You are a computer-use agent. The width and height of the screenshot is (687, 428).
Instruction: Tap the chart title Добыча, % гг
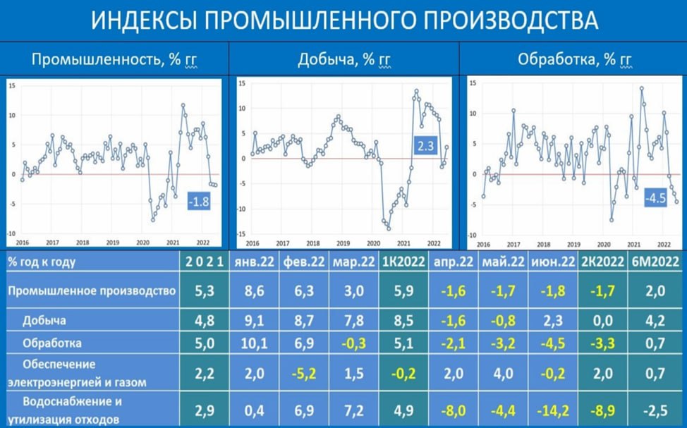point(343,59)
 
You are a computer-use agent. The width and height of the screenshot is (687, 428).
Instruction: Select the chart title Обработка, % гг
point(571,59)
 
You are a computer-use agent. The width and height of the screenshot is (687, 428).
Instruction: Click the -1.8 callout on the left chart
point(199,202)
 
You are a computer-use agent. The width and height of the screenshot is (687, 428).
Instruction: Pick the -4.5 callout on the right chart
point(654,199)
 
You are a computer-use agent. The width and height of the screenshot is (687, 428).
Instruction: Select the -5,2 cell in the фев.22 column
point(304,374)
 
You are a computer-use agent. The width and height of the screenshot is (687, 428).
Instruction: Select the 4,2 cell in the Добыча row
point(657,321)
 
